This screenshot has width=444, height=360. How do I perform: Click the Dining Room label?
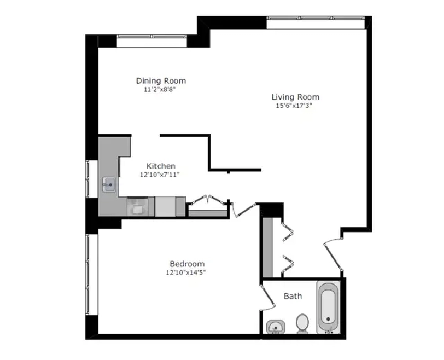pos(161,81)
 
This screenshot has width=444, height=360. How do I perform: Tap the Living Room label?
pos(295,97)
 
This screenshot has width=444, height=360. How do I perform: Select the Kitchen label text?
pos(161,166)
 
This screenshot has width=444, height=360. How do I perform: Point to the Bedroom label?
pos(187,264)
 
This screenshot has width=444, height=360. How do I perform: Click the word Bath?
pos(293,296)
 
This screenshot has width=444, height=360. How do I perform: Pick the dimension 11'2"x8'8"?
pos(160,90)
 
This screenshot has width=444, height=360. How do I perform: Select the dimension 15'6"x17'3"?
pos(294,106)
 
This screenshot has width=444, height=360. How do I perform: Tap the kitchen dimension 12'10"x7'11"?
pos(160,175)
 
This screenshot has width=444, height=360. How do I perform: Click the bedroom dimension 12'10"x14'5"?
pos(185,273)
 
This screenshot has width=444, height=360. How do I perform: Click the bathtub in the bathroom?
pos(328,307)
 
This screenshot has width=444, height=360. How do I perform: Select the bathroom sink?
pos(275,327)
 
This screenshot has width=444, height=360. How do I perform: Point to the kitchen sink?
pos(109,185)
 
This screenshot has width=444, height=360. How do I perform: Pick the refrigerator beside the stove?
pos(166,206)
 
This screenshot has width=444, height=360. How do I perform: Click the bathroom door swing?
pos(267,297)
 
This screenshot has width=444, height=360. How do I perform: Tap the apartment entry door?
pos(333,255)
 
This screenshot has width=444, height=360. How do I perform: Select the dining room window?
pos(152,42)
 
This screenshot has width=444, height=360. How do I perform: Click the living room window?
pos(316,22)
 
